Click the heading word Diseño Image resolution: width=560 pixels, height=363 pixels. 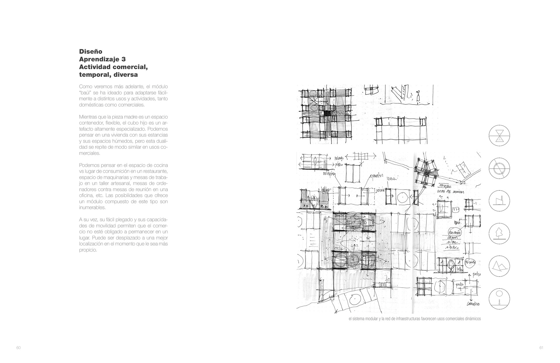(91, 52)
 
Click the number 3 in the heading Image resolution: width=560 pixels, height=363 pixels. (123, 59)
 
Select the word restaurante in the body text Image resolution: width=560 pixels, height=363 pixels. (155, 171)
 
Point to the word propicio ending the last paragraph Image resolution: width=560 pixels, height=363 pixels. (88, 250)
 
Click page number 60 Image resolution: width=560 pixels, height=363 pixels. (18, 348)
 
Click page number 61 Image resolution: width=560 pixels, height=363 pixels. (541, 348)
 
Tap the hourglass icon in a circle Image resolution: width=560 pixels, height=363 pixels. (499, 136)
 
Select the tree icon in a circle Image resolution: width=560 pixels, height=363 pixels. (499, 234)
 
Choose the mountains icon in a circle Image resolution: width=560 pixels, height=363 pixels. (499, 266)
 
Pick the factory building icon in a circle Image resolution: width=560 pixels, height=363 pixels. (499, 201)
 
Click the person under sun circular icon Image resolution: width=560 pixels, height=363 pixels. (499, 299)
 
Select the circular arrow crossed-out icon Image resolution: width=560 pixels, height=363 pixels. (499, 169)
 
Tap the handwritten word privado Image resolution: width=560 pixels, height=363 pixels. (340, 158)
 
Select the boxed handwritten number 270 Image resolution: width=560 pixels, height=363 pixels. (455, 210)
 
